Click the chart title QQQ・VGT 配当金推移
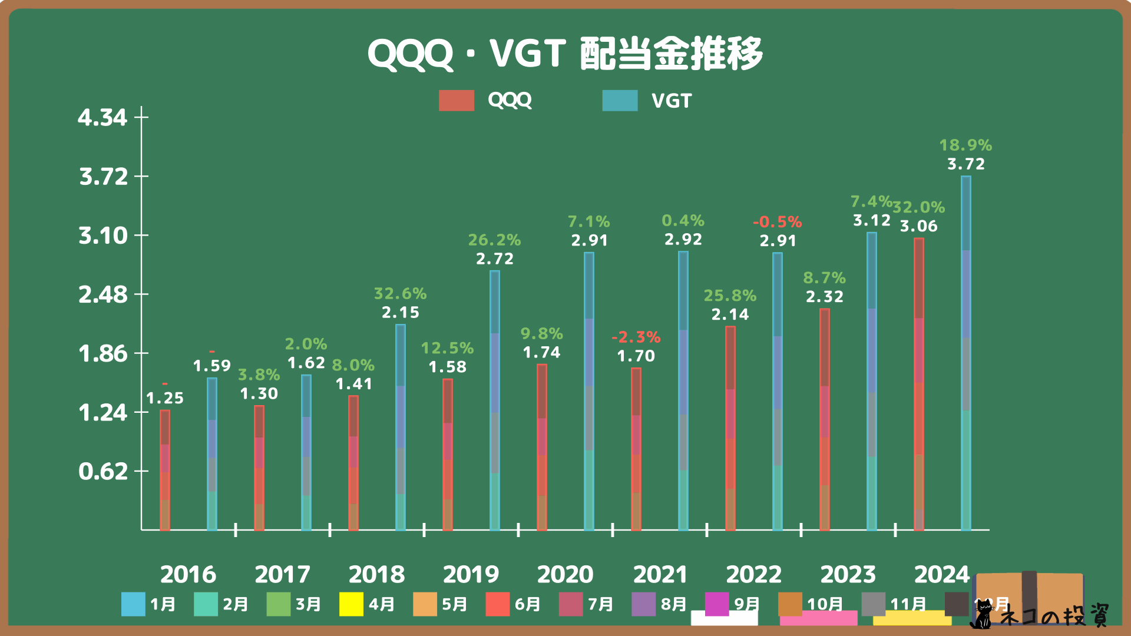[x=565, y=54]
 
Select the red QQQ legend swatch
[x=457, y=101]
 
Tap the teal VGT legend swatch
[x=620, y=101]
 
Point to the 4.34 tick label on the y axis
[x=102, y=118]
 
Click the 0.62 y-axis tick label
[x=103, y=472]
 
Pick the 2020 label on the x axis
[x=565, y=574]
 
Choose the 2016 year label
[x=188, y=574]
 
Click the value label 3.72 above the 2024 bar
[x=965, y=164]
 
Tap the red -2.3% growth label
[x=636, y=337]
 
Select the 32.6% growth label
[x=401, y=293]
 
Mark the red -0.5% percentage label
[x=778, y=222]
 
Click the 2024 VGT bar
[x=966, y=353]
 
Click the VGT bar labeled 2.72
[x=495, y=400]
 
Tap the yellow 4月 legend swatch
[x=351, y=604]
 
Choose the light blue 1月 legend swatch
[x=133, y=604]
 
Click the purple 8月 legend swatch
[x=643, y=604]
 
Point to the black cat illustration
[x=981, y=615]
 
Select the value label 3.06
[x=918, y=226]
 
